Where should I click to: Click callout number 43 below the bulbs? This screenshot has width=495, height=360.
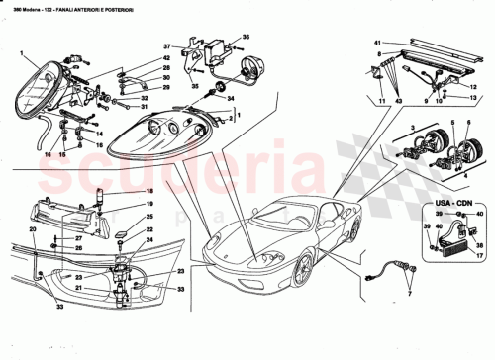399,102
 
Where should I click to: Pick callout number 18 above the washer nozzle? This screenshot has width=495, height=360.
150,190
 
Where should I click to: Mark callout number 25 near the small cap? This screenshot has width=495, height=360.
150,216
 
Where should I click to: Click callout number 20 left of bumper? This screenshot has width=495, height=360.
32,229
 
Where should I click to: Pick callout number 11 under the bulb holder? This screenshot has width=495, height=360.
379,102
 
